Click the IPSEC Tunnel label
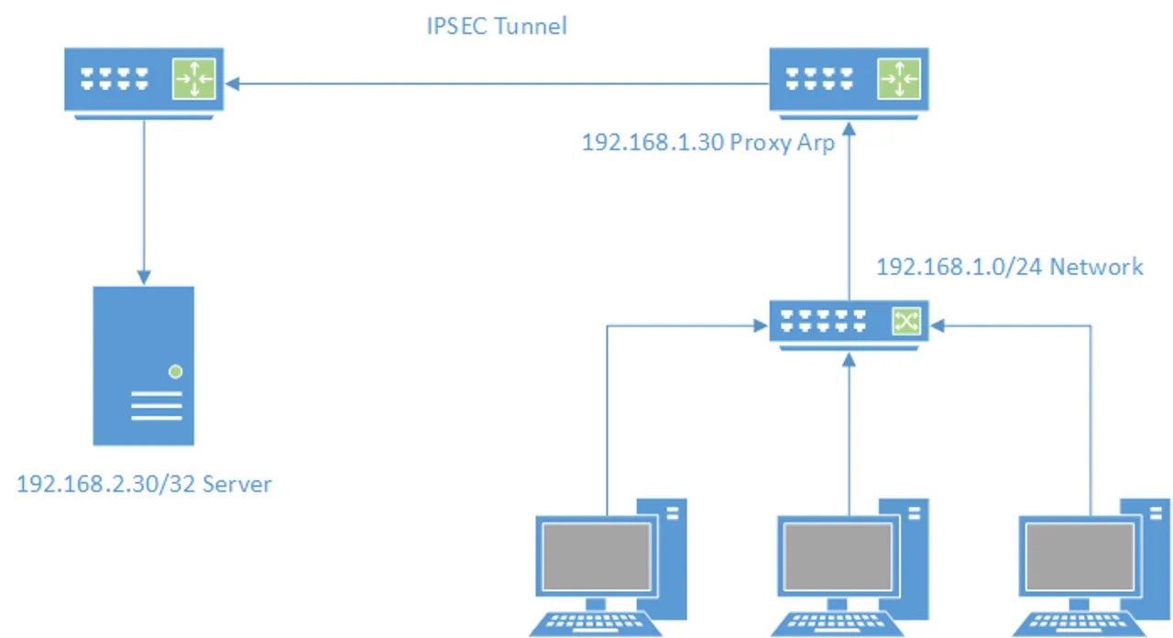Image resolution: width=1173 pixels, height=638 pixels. coord(497,26)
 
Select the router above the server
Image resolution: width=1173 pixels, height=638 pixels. coord(142,81)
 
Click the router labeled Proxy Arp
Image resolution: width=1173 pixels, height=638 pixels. coord(848,81)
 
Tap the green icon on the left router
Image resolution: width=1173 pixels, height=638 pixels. coord(194,80)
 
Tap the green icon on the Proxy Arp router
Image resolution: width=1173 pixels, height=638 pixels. coord(899,80)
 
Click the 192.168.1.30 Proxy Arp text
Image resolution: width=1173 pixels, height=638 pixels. coord(707,144)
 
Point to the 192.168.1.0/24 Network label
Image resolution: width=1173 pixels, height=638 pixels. coord(1009,267)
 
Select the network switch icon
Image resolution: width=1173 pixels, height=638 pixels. coord(848,321)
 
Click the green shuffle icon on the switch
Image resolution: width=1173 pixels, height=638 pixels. coord(904,320)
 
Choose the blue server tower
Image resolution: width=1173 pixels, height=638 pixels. coord(144,365)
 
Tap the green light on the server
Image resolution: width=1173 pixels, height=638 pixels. coord(175,371)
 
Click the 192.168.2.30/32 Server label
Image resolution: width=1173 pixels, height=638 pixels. coord(144,484)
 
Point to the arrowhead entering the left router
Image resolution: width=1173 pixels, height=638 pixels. coord(233,84)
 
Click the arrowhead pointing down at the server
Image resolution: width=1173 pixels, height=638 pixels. coord(143,276)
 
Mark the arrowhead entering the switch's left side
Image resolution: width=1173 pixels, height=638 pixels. coord(761,324)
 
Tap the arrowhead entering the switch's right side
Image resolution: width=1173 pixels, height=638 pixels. coord(936,324)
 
